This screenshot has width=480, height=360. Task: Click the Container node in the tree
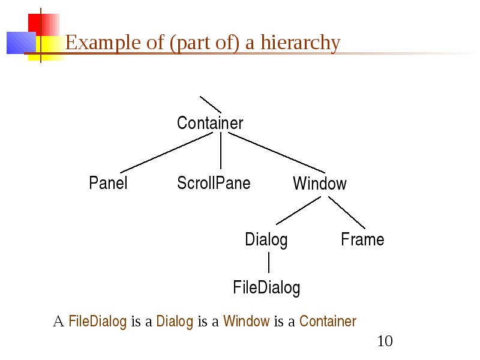pos(210,123)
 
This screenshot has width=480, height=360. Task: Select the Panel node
pos(108,183)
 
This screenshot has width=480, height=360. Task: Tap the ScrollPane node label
pos(214,183)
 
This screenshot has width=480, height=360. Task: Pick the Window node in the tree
pos(320,183)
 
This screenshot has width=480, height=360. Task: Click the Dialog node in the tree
pos(266,239)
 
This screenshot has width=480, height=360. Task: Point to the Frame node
pos(362,239)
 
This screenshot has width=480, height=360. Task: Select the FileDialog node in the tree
pos(266,288)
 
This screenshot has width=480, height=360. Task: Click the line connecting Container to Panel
pos(167,152)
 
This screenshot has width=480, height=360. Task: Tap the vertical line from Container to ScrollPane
pos(221,151)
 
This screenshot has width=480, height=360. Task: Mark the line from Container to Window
pos(277,152)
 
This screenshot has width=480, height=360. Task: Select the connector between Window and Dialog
pos(298,211)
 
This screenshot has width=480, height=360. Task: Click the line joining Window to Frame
pos(347,212)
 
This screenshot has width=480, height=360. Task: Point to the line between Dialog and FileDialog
pos(269,262)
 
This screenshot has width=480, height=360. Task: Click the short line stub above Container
pos(211,104)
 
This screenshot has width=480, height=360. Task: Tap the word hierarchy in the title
pos(301,43)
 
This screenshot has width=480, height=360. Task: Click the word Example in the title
pos(103,43)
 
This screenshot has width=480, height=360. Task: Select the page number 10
pos(385,341)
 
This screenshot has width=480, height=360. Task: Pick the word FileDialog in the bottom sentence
pos(97,322)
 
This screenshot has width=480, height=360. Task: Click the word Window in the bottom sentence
pos(247,321)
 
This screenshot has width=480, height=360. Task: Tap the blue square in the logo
pos(21,43)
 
